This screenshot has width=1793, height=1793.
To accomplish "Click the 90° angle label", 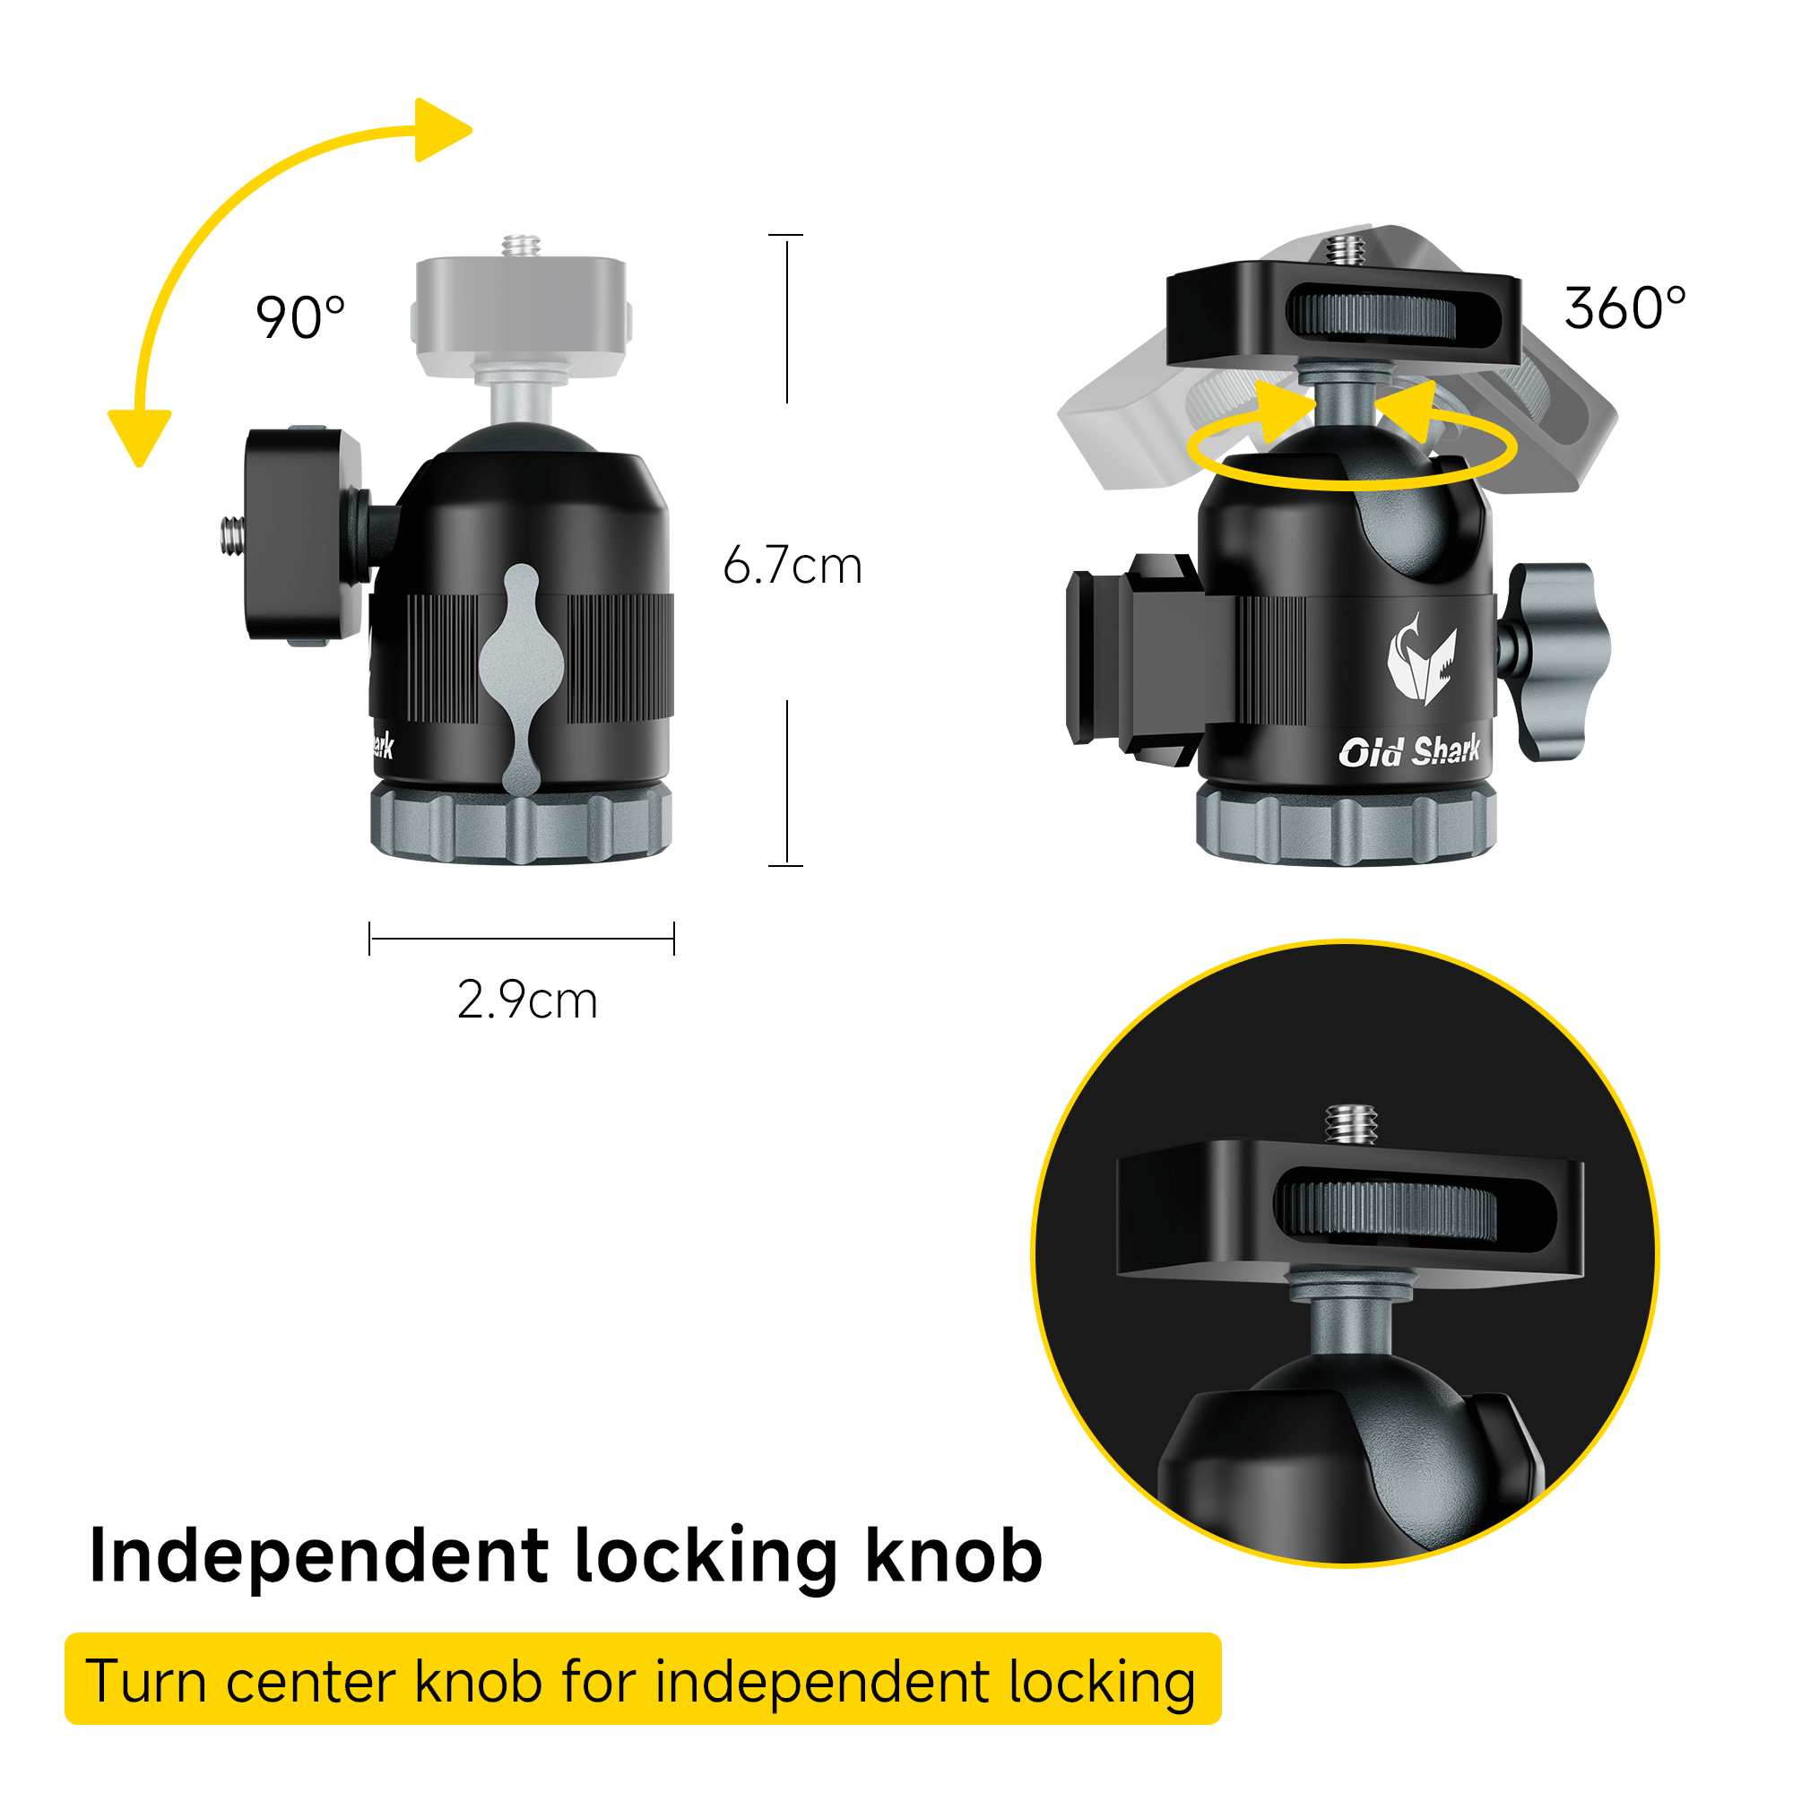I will pos(299,318).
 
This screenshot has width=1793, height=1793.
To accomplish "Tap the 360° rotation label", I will pos(1624,309).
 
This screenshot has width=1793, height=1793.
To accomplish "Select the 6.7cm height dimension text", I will pos(793,565).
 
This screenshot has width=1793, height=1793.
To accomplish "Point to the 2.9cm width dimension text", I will pos(527,1000).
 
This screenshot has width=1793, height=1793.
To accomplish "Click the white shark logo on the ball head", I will pos(1419,658).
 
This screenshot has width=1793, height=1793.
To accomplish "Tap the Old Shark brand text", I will pos(1408,750).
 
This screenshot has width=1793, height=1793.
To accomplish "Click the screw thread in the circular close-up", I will pos(1350,1124).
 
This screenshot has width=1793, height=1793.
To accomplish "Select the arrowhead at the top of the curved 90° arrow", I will pos(441,130).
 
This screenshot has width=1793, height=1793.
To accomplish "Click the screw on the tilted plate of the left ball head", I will pos(232,535).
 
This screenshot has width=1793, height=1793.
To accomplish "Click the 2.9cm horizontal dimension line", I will pos(522,939).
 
